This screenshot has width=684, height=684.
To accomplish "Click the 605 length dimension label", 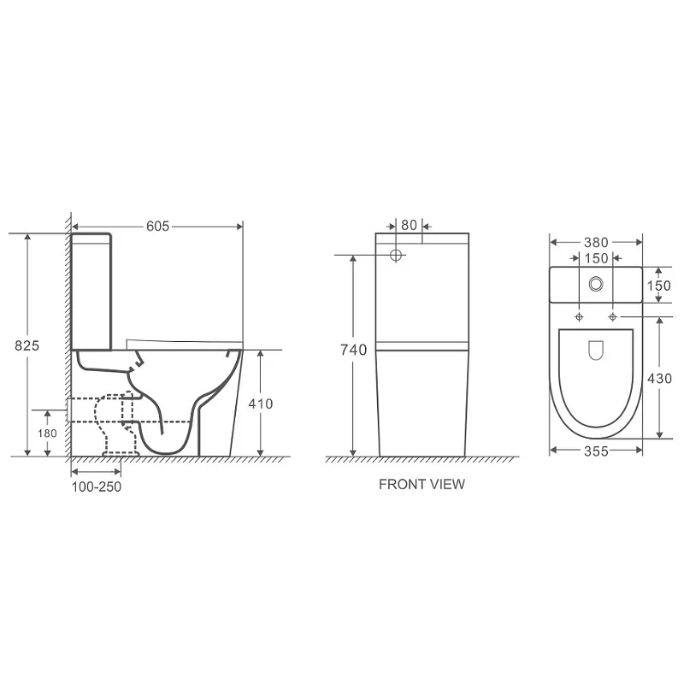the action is pos(157,226).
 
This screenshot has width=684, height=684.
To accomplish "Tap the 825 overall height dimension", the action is pos(27,345).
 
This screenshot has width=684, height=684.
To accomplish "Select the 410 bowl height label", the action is pos(261,404).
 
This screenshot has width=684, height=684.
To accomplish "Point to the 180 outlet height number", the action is pos(47,433).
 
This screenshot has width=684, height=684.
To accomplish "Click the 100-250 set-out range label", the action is pos(97,486).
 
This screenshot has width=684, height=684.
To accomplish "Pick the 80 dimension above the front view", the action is pos(410,225).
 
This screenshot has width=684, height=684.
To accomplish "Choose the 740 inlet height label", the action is pos(354,350).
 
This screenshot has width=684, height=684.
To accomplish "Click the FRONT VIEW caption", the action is pos(422,484).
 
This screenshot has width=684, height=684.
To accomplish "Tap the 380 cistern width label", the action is pos(596,243).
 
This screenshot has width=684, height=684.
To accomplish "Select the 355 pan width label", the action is pos(596,451).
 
